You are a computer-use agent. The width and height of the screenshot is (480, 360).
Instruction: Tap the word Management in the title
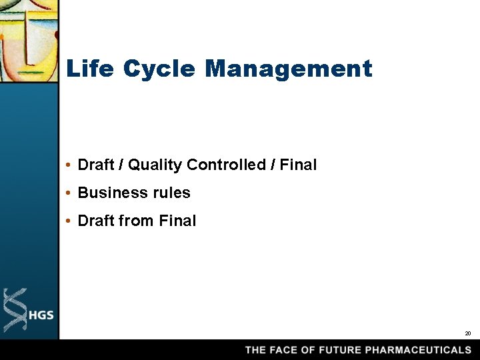coord(289,69)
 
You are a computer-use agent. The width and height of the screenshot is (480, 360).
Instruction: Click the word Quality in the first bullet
coord(155,165)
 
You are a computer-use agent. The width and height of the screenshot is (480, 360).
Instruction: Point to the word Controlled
coord(226,165)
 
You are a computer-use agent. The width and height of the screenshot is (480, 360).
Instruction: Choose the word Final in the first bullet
coord(298,165)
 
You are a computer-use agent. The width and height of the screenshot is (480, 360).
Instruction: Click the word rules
coord(172,193)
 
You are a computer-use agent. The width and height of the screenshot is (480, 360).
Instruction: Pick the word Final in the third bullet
coord(177,221)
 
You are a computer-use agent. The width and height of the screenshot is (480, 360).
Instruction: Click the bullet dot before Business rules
coord(69,193)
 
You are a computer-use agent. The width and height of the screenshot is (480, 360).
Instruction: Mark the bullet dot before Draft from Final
coord(69,221)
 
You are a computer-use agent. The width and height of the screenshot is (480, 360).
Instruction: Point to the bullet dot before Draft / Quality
coord(69,165)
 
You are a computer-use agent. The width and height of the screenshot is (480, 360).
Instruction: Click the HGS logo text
coord(41,315)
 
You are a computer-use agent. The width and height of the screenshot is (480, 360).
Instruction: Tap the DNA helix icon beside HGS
coord(15,309)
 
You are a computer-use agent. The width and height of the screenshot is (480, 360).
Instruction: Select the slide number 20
coord(467,333)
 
